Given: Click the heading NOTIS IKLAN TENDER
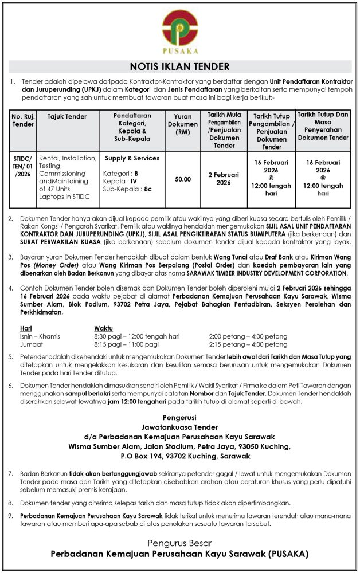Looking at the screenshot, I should coord(179,66).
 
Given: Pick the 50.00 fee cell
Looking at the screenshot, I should coord(183,179).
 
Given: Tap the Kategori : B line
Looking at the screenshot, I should coord(121,173).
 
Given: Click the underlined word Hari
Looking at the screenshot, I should coord(26,328).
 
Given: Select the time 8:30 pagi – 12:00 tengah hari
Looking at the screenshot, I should coord(137,336).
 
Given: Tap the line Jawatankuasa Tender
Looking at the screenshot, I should coord(179,427).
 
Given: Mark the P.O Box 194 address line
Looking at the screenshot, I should coord(179,456).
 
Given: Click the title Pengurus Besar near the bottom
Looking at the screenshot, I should coord(179,543).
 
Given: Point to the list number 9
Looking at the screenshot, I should coord(12,515).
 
